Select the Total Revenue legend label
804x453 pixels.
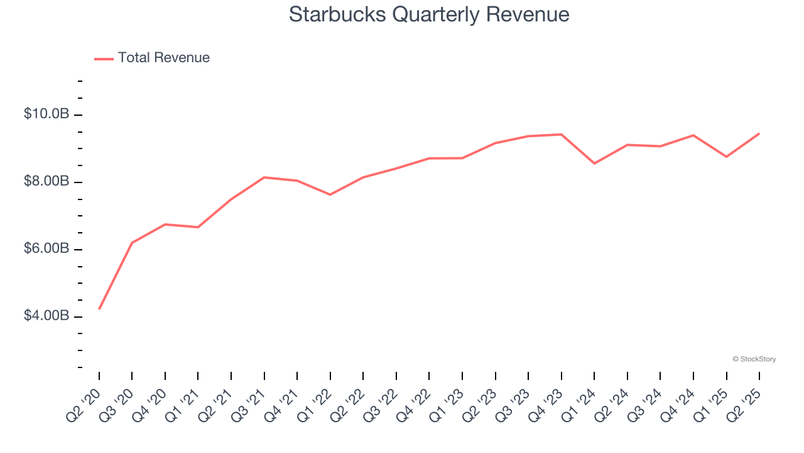click(x=164, y=58)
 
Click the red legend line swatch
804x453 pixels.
click(x=104, y=59)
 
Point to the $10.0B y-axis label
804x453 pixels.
click(x=46, y=114)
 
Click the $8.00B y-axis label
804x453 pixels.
click(x=46, y=181)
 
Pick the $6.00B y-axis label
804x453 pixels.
click(x=46, y=249)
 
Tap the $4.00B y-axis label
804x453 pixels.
click(x=46, y=316)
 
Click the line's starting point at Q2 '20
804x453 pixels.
click(x=99, y=309)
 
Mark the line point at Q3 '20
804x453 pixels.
click(x=132, y=243)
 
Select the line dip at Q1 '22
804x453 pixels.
click(x=330, y=194)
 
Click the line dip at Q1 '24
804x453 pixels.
click(x=594, y=164)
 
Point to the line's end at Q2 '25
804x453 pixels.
click(x=759, y=133)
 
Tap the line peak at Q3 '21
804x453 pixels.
click(x=264, y=177)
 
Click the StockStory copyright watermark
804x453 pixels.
click(x=754, y=359)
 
